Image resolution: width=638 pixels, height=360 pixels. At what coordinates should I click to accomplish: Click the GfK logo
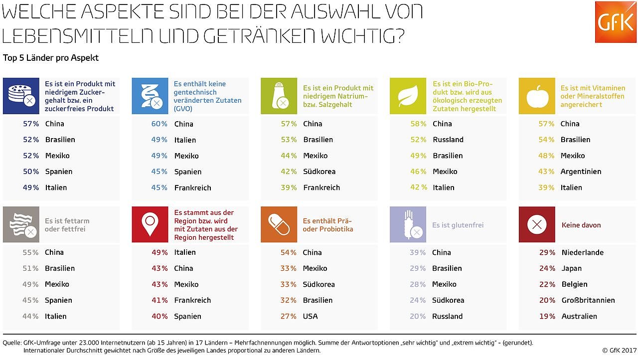[616, 22]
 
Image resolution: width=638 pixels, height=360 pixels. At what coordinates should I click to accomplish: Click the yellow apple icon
[537, 96]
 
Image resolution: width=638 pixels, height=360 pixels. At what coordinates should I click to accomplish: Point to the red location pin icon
[150, 224]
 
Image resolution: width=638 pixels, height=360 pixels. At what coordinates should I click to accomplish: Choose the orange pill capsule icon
[279, 224]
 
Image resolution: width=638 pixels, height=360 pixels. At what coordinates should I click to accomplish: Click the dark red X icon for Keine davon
[537, 224]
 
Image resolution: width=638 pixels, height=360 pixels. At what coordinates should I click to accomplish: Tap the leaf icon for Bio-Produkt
[408, 96]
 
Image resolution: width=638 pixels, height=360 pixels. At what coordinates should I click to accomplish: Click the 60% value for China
[159, 124]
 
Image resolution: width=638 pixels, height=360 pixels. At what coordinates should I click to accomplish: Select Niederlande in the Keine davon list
[582, 252]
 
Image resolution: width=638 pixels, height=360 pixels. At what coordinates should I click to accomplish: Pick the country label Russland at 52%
[448, 140]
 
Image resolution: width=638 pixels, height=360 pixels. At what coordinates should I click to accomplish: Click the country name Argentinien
[581, 172]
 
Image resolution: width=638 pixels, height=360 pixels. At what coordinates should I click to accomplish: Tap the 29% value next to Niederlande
[547, 252]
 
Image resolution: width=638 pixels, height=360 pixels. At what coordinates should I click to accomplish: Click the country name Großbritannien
[588, 300]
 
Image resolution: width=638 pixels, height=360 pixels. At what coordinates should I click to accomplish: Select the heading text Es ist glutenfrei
[458, 225]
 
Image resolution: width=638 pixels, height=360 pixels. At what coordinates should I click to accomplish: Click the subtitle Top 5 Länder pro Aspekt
[51, 58]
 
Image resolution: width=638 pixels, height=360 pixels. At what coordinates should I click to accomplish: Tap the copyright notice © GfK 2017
[619, 350]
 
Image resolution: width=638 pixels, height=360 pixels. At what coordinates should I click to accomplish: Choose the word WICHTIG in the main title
[360, 35]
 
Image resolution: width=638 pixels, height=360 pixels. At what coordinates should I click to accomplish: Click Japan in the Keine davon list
[571, 268]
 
